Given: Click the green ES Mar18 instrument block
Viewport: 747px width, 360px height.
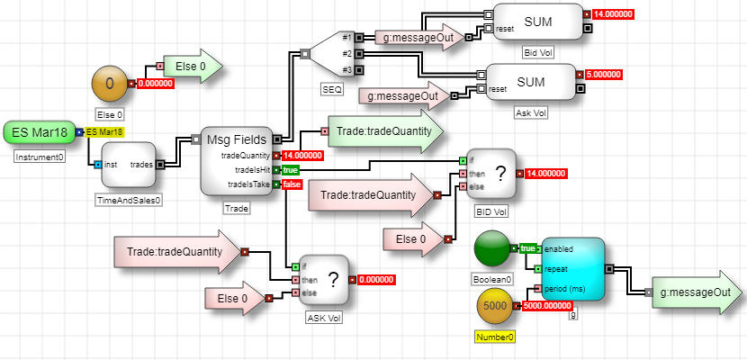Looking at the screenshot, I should [x=39, y=132].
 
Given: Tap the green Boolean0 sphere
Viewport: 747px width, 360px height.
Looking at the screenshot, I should [x=491, y=249].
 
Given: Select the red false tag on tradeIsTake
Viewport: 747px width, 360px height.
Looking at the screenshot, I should [x=292, y=184].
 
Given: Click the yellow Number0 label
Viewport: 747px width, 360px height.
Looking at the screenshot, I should [x=494, y=337].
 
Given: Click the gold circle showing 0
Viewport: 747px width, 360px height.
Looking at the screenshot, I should [x=110, y=84].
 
